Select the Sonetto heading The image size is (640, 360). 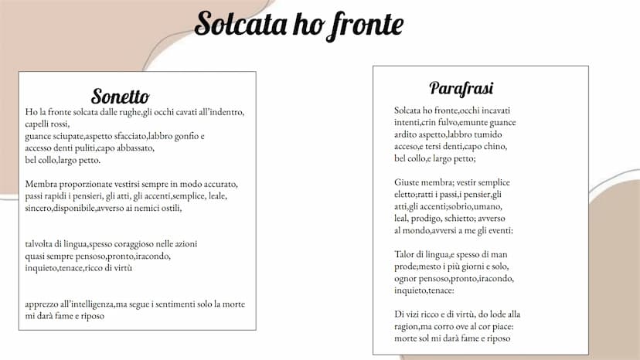[120, 97]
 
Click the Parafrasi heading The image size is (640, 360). [461, 88]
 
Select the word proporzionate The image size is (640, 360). [87, 184]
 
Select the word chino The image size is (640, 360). [490, 147]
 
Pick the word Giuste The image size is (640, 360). [407, 182]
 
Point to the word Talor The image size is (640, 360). [406, 254]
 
